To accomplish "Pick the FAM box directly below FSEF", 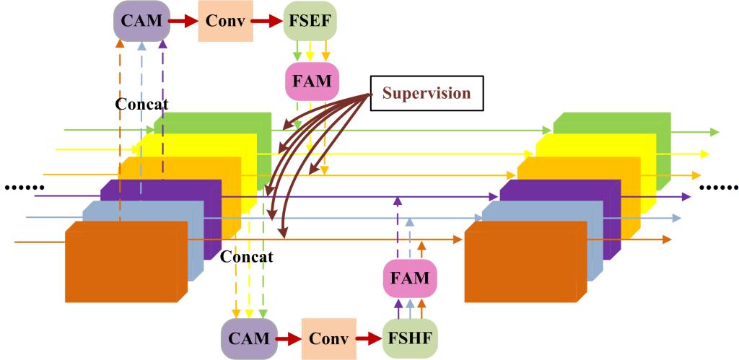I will pos(311,81).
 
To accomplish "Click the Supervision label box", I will pos(426,94).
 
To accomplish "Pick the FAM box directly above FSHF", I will pos(410,277).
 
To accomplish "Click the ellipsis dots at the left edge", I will pos(19,189).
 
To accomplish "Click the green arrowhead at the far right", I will pos(714,132).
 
